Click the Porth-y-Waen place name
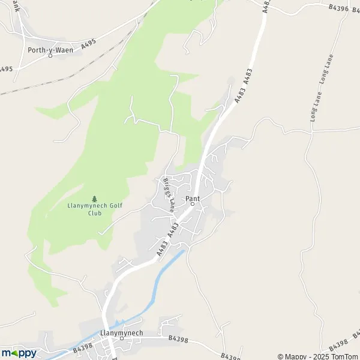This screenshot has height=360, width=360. coord(50,50)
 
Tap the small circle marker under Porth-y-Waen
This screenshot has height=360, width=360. coord(50,56)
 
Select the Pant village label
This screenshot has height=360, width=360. coord(193,198)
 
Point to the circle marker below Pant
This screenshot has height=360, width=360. coord(193,204)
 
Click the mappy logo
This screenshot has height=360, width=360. coord(19,353)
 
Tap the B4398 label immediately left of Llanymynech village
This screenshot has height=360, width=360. coord(84,346)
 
